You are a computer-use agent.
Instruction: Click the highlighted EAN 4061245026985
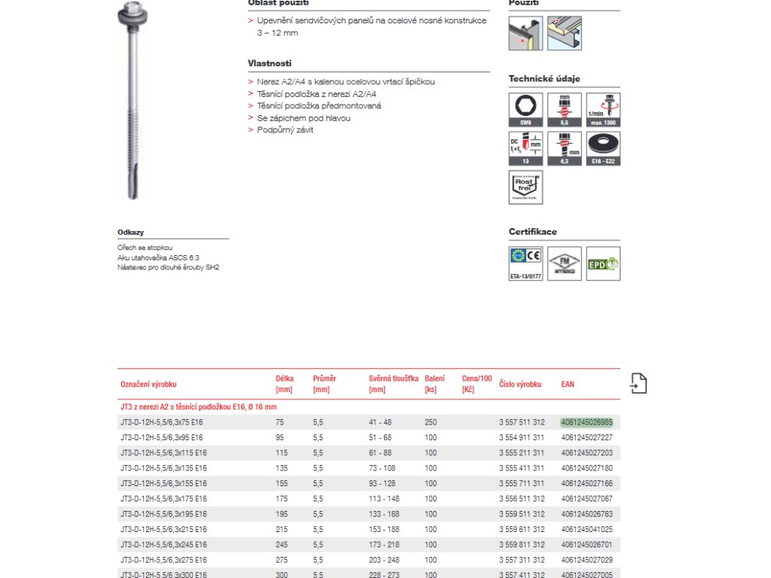(x=587, y=422)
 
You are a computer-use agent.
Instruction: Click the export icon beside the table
(x=638, y=384)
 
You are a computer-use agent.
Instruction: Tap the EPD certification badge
(x=603, y=263)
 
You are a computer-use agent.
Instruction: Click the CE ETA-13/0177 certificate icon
(x=525, y=263)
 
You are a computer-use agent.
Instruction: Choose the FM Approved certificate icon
(x=564, y=263)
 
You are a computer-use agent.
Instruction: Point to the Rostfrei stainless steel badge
(x=525, y=187)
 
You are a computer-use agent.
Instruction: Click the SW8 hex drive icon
(x=525, y=109)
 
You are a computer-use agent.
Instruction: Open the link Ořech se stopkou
(x=145, y=248)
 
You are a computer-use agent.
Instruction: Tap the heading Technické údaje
(x=544, y=79)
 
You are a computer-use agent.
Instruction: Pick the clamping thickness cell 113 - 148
(x=384, y=498)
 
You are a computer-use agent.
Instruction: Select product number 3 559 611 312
(x=522, y=529)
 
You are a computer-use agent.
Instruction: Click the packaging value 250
(x=431, y=422)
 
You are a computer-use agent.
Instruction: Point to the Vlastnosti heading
(x=270, y=64)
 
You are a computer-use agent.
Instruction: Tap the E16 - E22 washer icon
(x=603, y=148)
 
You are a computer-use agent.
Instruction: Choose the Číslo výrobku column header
(x=520, y=384)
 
